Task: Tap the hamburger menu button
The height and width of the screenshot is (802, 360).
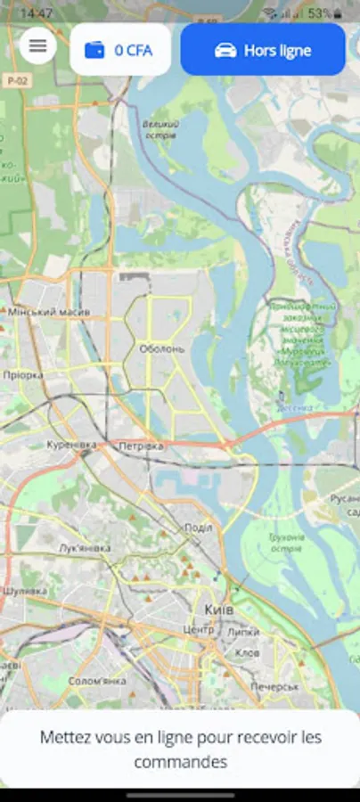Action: (x=37, y=45)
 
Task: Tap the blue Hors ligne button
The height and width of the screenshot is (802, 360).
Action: (x=263, y=50)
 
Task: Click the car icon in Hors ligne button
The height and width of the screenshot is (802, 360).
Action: (x=225, y=51)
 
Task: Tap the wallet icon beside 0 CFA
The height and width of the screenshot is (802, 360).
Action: (x=94, y=51)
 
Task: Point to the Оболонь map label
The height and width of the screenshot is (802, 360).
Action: (x=161, y=348)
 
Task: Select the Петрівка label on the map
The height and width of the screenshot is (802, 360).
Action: (x=142, y=445)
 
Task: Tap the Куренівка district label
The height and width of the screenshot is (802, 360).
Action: (x=71, y=444)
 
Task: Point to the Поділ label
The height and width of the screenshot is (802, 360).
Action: (x=197, y=528)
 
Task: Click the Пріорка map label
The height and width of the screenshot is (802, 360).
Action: (x=22, y=375)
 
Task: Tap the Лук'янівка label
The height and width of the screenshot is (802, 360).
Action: (x=85, y=548)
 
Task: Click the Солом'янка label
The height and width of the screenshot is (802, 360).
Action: (x=97, y=682)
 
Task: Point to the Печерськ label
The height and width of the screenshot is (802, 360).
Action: (x=274, y=687)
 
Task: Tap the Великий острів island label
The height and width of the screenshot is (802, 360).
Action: (x=160, y=130)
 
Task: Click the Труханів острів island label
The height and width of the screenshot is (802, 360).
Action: (x=286, y=542)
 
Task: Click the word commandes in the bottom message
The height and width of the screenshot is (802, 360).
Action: (x=180, y=762)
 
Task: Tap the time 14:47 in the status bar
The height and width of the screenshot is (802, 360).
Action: (x=37, y=13)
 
